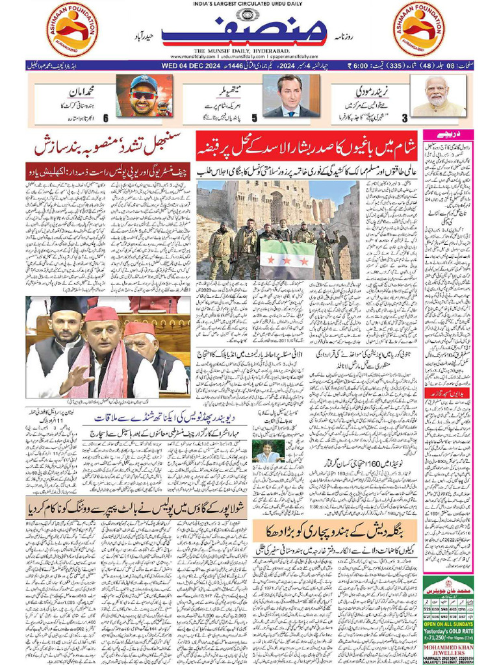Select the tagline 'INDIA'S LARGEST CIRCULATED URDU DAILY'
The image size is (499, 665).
249,5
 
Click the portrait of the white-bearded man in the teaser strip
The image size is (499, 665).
438,96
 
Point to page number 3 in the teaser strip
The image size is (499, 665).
405,118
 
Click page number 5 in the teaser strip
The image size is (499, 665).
254,118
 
